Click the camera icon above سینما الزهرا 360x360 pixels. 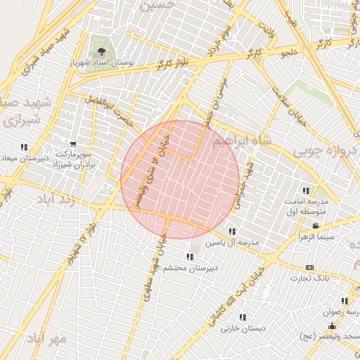(x=316, y=226)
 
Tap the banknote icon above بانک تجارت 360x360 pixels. (x=309, y=268)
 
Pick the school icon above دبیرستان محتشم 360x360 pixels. (x=189, y=257)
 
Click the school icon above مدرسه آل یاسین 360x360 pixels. (x=232, y=231)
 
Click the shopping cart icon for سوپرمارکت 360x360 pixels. (x=73, y=143)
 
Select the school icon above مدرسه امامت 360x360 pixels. (x=306, y=191)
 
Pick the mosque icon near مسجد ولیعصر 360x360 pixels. (x=332, y=326)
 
